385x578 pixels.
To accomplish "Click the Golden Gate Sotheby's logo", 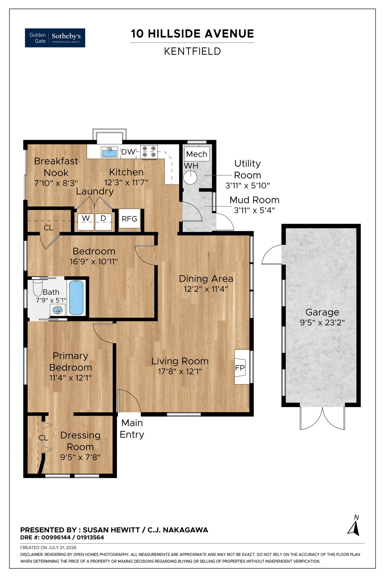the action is click(55, 38).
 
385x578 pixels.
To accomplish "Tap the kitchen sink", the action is click(109, 152).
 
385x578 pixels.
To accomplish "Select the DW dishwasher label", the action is click(128, 152).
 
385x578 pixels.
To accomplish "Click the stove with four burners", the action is click(149, 151).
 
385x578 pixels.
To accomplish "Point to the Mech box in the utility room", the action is click(197, 154).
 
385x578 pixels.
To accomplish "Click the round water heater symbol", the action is click(190, 177).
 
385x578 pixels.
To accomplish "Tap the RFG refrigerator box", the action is click(129, 219).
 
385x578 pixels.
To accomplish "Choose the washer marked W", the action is click(86, 222).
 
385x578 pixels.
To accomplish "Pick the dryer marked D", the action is click(103, 222).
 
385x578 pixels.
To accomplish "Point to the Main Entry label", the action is click(132, 429).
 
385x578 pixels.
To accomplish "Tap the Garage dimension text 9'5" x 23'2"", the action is click(322, 323).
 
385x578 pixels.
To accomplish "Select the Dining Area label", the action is click(206, 279).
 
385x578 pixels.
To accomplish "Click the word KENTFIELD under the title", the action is click(192, 51).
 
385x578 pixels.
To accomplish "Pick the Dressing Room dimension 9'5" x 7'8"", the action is click(80, 457).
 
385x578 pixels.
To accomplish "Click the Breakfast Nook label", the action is click(56, 167).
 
